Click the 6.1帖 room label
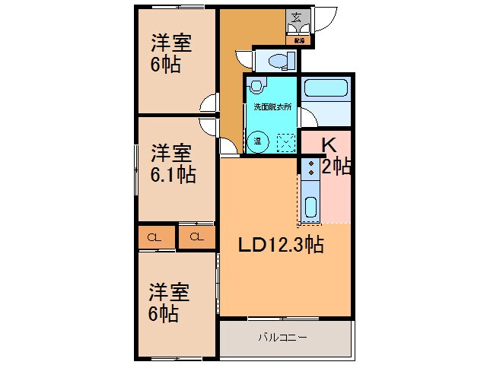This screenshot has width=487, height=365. [173, 176]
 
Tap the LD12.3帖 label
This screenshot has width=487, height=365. [282, 245]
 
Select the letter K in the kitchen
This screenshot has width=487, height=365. [328, 145]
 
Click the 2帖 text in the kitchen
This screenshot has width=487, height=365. [336, 167]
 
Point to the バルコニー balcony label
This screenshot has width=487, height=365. [282, 336]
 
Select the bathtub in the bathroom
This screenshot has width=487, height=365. [326, 89]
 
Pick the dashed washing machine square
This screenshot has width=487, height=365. [285, 141]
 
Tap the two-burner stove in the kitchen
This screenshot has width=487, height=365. [310, 168]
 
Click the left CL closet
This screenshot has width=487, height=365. [154, 237]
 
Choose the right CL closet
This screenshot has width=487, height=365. [197, 237]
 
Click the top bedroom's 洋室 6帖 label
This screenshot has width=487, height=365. [170, 54]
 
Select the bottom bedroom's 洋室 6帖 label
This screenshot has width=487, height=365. [169, 302]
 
